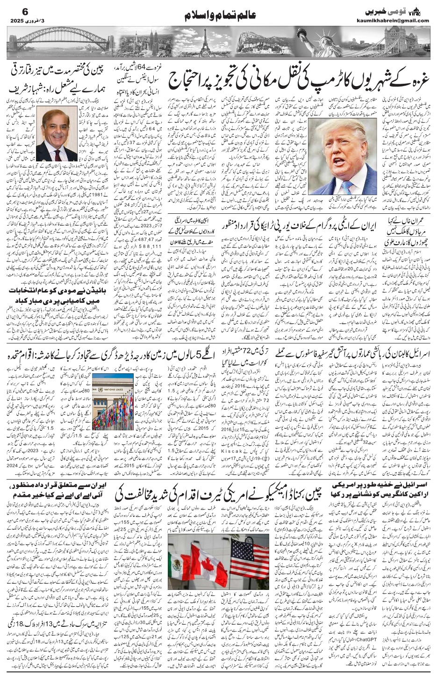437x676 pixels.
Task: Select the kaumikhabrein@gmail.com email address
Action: click(401, 21)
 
